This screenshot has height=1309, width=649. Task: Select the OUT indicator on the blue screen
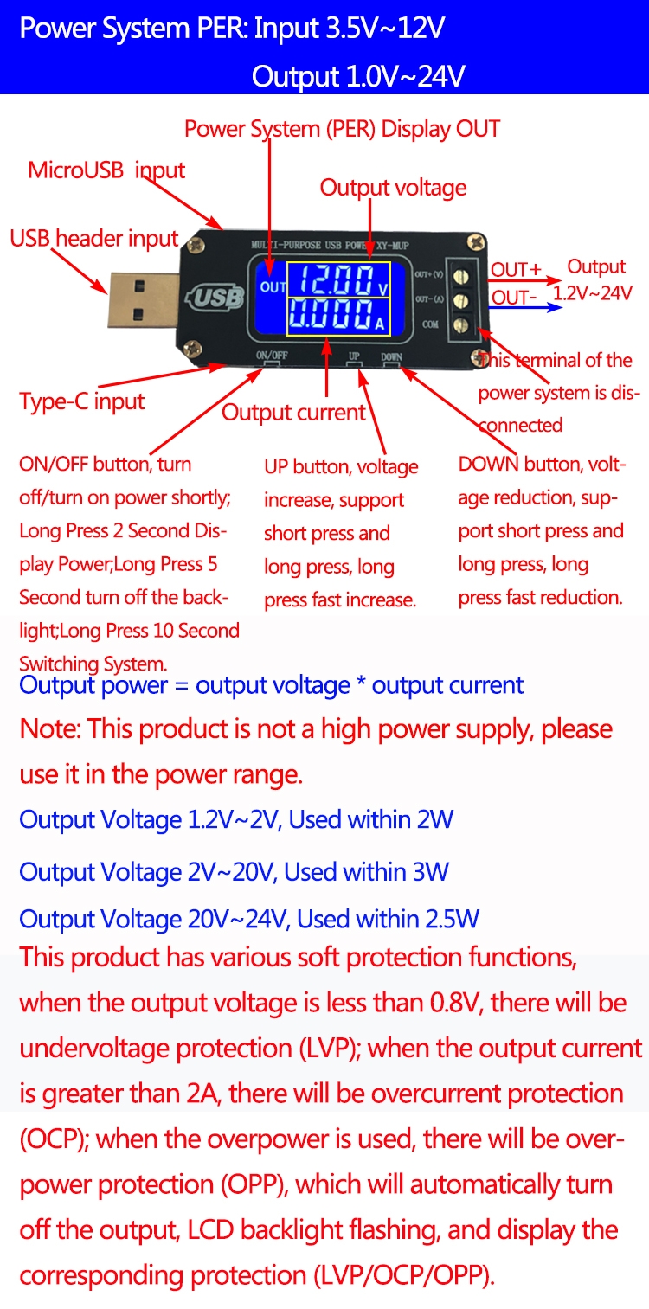click(273, 286)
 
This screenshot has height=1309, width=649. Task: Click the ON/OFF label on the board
click(272, 356)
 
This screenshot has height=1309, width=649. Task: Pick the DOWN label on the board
click(391, 356)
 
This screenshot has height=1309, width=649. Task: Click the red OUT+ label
click(516, 270)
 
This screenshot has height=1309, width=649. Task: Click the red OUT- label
click(514, 298)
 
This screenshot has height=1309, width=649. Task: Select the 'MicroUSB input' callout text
click(106, 170)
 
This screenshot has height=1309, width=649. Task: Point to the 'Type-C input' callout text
click(82, 401)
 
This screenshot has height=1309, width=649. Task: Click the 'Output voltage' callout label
click(393, 188)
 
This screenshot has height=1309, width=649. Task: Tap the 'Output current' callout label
click(293, 412)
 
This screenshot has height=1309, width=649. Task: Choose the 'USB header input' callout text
click(93, 239)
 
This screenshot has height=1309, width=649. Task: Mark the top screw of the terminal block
click(463, 277)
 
